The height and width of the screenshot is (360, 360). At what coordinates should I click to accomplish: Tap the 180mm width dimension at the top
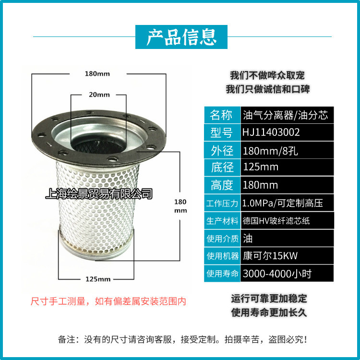97,74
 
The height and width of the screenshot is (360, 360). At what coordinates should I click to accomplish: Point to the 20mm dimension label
99,95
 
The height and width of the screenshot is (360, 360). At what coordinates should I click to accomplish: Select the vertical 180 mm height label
180,206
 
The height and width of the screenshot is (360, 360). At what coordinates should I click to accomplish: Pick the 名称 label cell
221,115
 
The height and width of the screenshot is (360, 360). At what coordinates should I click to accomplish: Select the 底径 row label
221,167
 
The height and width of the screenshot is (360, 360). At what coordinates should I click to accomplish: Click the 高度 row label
221,185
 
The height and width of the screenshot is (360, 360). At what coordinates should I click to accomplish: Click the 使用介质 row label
221,238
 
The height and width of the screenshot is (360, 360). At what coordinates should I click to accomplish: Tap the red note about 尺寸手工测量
108,301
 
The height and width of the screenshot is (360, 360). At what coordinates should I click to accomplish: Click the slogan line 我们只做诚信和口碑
267,90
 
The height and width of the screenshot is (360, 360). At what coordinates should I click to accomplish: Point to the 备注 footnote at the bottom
182,339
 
